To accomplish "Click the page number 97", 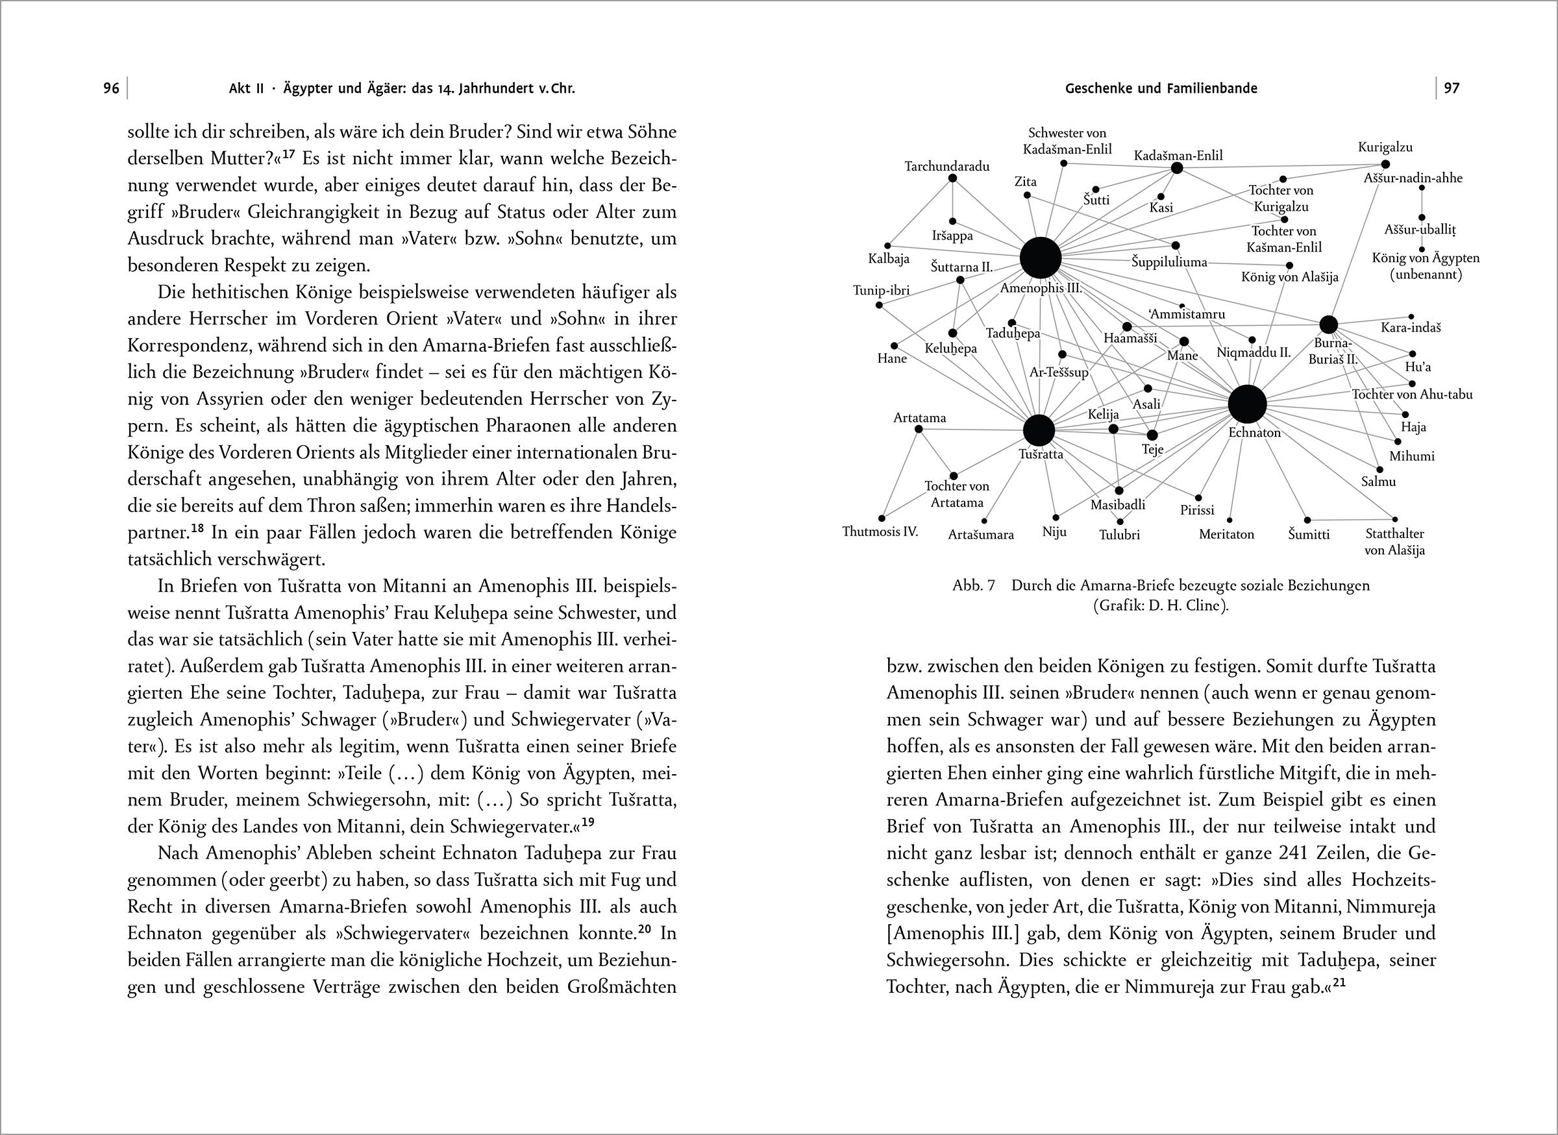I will (x=1452, y=89).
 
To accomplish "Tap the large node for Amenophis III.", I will (x=1041, y=258).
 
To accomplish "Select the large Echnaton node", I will (x=1247, y=405).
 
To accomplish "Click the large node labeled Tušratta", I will (x=1039, y=431).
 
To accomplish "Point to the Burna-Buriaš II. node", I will (x=1328, y=325).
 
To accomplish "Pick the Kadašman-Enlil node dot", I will (x=1176, y=168).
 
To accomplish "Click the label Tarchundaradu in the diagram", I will (x=947, y=166).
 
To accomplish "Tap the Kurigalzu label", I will (x=1385, y=147).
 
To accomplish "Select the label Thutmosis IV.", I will (x=880, y=531).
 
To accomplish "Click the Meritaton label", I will (x=1227, y=534).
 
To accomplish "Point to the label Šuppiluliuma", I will (x=1169, y=262).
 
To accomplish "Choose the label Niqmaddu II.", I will (x=1254, y=353).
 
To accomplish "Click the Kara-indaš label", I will (x=1411, y=328).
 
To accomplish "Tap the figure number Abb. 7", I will (x=973, y=586).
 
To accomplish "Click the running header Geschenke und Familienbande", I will (x=1161, y=89).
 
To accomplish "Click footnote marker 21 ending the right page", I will (x=1338, y=984).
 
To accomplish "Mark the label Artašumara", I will (x=981, y=535).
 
